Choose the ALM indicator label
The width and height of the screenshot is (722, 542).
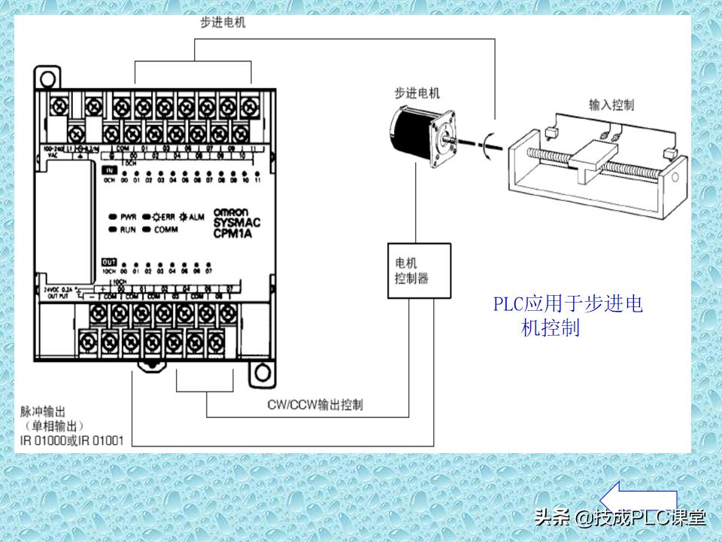[196, 218]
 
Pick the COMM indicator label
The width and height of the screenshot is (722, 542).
[165, 229]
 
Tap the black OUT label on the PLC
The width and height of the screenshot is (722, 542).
[108, 261]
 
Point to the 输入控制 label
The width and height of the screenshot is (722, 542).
[611, 105]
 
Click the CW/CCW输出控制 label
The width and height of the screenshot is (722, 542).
[315, 405]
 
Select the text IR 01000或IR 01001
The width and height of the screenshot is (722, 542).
[72, 440]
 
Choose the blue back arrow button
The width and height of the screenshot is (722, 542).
[637, 498]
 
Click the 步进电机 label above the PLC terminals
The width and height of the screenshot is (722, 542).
[223, 23]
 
